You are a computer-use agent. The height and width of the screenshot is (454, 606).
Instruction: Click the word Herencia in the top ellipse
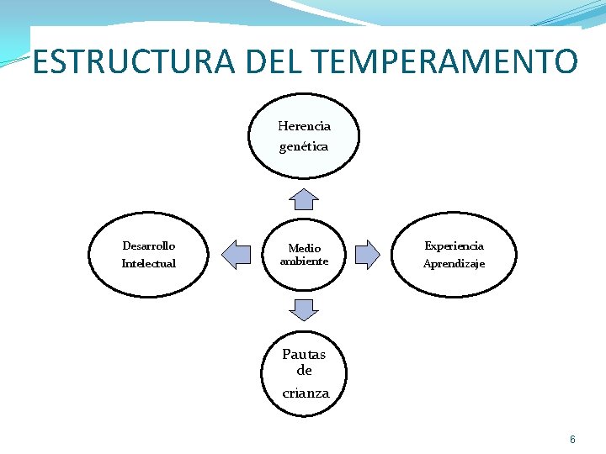pos(304,126)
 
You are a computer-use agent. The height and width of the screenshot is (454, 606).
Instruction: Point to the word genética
pos(304,146)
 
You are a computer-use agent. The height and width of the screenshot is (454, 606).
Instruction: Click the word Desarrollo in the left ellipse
pos(149,246)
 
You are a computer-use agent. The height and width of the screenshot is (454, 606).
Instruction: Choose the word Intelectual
pos(149,264)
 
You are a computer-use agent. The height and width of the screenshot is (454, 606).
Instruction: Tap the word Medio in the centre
pos(304,248)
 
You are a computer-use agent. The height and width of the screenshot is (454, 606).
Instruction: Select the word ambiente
pos(304,261)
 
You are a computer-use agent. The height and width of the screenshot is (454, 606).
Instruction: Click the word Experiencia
pos(454,246)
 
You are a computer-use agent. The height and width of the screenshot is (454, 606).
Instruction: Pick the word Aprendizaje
pos(454,264)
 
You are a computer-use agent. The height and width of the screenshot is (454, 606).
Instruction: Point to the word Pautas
pos(303,354)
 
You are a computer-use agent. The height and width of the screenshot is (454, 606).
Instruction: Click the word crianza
pos(306,393)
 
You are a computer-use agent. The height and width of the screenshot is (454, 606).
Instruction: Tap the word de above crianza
pos(304,371)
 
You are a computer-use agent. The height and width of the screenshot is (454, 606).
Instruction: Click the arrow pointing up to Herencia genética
pos(304,198)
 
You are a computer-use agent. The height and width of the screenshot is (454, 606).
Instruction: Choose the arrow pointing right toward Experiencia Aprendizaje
pos(368,253)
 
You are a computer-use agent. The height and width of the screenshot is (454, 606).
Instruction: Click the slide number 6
pos(572,440)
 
